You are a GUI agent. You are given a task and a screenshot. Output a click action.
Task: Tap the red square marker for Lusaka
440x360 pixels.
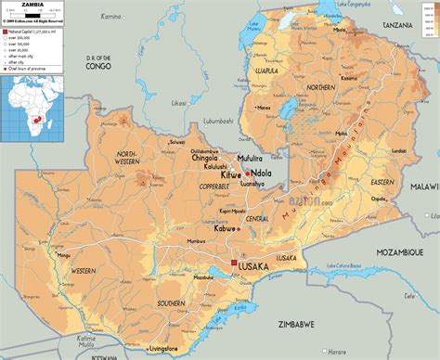[232, 264]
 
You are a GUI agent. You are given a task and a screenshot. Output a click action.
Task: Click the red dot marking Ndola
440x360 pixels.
[250, 173]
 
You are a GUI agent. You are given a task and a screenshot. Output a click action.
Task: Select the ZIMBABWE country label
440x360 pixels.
[293, 326]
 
